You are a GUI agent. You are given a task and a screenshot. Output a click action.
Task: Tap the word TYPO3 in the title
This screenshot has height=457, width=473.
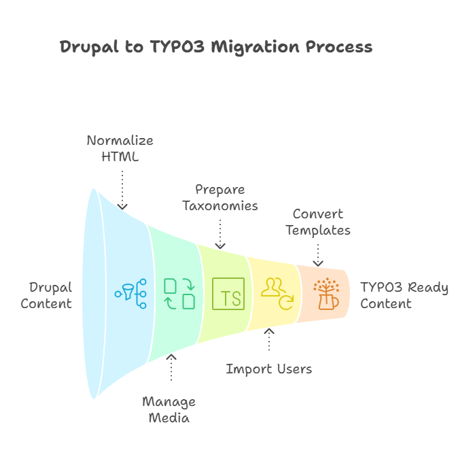coord(170,47)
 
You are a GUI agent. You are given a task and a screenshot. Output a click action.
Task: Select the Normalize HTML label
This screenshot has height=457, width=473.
coord(120,149)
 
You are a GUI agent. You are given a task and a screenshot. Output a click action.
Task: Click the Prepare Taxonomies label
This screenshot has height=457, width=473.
coord(220,197)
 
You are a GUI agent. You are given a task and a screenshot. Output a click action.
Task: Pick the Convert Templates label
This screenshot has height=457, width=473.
coord(317,222)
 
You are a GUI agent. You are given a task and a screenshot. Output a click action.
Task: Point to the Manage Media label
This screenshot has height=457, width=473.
coord(170,409)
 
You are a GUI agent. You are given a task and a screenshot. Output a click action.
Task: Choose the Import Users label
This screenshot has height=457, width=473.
coord(269,369)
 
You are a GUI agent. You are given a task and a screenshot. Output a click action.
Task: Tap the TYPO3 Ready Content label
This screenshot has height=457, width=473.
coord(404,295)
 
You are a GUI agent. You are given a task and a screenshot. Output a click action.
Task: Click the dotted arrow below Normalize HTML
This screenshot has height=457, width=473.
coord(122,188)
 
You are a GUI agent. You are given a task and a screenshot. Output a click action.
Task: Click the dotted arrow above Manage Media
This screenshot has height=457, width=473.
coord(171,368)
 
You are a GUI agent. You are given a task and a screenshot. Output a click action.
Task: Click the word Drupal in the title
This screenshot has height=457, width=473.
coord(87,47)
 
